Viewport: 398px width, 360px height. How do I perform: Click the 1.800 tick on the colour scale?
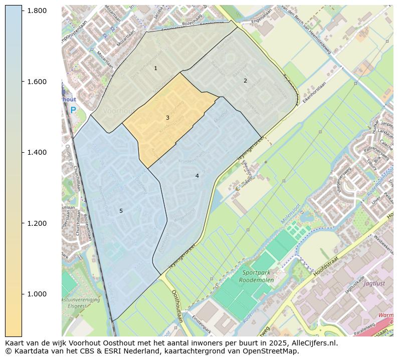(x=37, y=11)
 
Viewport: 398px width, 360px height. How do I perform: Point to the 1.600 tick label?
(x=37, y=82)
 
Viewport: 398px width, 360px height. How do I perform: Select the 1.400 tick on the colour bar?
(x=37, y=152)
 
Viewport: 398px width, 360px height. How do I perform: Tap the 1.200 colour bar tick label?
(x=37, y=223)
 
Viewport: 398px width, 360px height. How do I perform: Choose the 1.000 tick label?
(x=37, y=294)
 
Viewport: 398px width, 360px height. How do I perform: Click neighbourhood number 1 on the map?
(x=155, y=68)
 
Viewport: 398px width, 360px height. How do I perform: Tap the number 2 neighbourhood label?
(x=245, y=81)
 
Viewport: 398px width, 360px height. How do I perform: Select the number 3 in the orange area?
(x=167, y=118)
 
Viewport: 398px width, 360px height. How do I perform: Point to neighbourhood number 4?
(x=197, y=176)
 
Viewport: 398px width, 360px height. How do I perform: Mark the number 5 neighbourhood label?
(x=121, y=211)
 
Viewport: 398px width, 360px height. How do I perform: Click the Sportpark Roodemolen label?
(x=258, y=276)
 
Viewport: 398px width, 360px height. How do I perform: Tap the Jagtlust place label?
(x=373, y=283)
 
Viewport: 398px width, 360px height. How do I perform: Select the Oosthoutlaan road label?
(x=178, y=305)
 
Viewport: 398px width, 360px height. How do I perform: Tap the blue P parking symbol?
(x=73, y=110)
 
